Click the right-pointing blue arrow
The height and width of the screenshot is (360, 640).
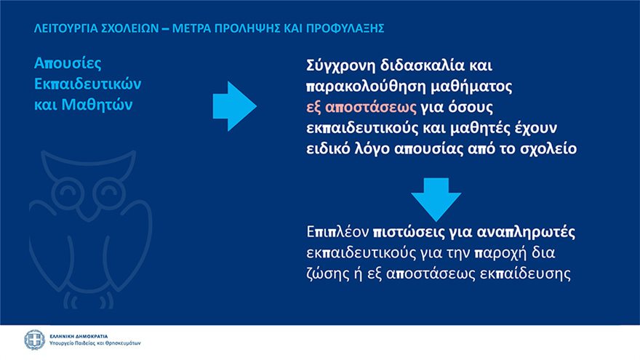tap(234, 106)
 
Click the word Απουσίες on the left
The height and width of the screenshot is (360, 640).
tap(68, 63)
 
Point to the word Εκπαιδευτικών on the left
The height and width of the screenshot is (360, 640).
tap(87, 84)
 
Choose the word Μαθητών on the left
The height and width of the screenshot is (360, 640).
tap(97, 105)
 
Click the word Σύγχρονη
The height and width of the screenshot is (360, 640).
tap(340, 65)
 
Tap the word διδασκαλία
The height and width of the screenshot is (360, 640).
tap(422, 65)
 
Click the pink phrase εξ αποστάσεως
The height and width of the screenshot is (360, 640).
tap(361, 108)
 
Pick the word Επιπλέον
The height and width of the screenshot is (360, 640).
tap(337, 232)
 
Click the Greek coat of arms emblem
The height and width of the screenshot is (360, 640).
tap(34, 340)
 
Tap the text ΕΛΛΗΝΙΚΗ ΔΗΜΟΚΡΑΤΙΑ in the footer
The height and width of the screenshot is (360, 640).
tap(79, 336)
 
